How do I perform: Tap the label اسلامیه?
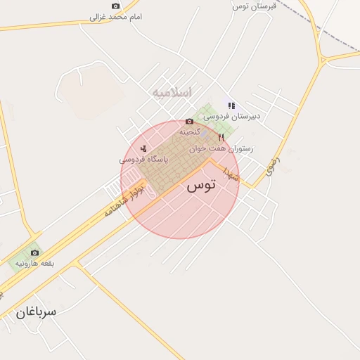point(171,93)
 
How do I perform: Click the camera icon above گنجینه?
point(189,121)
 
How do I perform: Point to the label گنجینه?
point(190,131)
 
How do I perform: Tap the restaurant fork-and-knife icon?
point(221,138)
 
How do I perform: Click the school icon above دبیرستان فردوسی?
point(231,105)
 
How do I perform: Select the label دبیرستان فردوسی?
point(232,116)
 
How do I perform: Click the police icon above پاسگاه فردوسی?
point(143,148)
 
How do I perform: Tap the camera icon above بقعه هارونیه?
point(34,252)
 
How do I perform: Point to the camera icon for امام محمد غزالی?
point(116,6)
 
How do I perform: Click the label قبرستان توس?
point(255,6)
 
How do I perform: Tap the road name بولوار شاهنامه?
point(124,200)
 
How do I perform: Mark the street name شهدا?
point(231,172)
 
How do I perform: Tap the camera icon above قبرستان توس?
point(255,1)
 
